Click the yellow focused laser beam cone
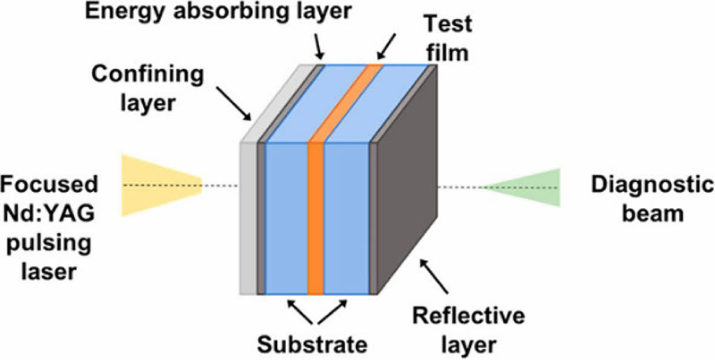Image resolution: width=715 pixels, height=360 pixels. click(154, 185)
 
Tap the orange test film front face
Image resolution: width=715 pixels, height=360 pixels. click(316, 218)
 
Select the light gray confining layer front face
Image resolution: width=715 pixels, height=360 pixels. click(248, 218)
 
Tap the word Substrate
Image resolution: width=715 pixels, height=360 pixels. click(312, 344)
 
